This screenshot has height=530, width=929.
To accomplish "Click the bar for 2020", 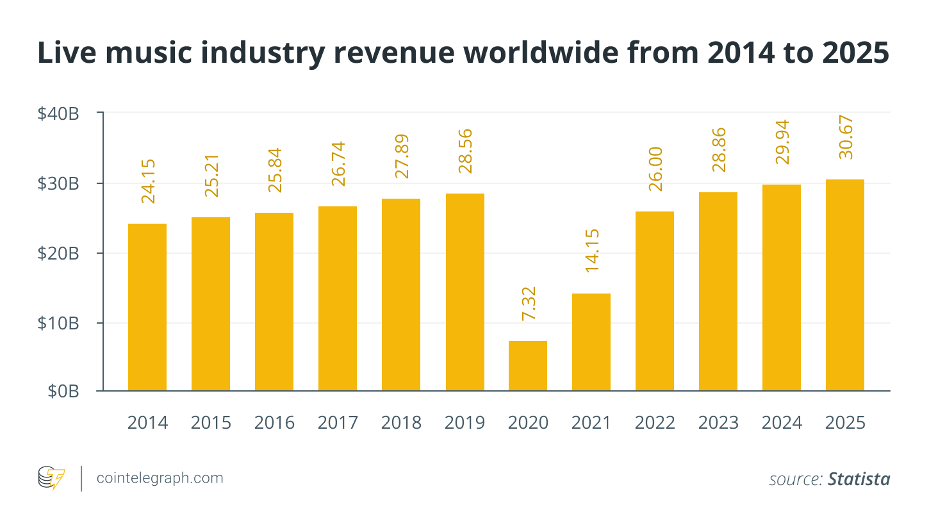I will (528, 366).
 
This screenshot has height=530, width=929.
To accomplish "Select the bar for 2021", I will (591, 342).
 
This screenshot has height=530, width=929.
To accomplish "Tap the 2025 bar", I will (844, 285).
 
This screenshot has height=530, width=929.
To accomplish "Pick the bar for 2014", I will (147, 307).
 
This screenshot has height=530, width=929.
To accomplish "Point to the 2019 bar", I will (465, 292).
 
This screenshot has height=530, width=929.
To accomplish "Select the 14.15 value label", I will (592, 251).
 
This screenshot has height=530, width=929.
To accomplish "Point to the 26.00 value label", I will (655, 169).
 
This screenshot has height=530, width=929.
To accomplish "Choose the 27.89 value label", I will (402, 156).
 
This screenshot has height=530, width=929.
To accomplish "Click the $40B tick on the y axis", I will (58, 114).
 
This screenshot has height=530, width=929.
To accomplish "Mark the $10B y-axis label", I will (58, 323).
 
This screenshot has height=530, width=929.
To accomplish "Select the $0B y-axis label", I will (63, 391).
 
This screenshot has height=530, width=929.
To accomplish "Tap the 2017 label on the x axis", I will (338, 423).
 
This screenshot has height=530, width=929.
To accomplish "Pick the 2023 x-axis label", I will (718, 423).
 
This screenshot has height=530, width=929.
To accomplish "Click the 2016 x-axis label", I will (274, 423).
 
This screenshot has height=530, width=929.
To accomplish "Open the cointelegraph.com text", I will (159, 478).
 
